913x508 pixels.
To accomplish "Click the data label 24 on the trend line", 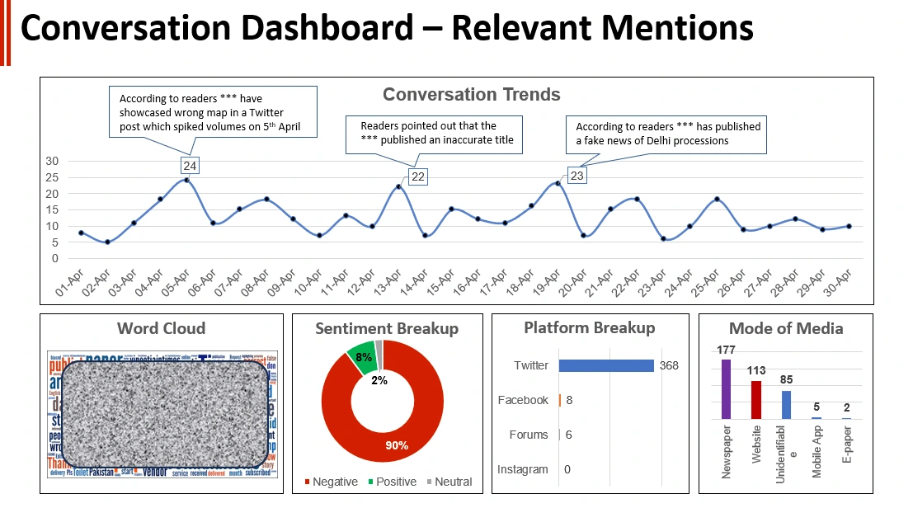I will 191,165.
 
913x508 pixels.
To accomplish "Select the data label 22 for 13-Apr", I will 417,176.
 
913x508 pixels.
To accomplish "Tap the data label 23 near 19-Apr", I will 577,175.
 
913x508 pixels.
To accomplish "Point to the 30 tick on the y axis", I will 52,161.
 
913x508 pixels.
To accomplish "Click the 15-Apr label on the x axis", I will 440,280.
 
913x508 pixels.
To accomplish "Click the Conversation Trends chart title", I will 471,94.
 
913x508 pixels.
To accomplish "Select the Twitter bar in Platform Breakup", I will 606,365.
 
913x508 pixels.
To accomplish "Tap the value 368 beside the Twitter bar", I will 669,365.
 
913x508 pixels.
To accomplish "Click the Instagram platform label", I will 522,469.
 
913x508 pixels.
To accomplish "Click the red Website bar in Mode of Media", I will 756,400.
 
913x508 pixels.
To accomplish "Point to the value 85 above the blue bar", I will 786,380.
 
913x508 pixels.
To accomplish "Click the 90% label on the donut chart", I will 397,445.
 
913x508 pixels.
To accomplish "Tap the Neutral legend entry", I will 449,482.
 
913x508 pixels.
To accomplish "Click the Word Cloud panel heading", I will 162,328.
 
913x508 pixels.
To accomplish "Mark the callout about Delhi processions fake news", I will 668,133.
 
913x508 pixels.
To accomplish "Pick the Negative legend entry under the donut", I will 331,482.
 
